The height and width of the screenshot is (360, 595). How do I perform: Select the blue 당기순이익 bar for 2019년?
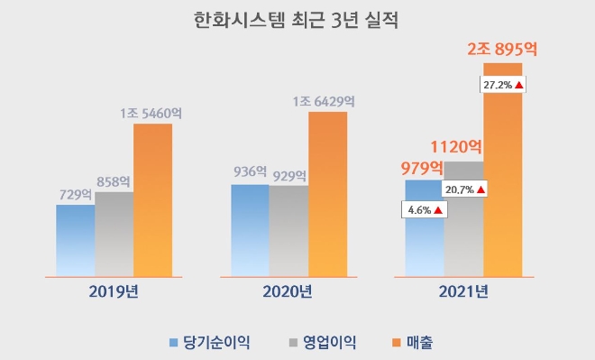(75, 240)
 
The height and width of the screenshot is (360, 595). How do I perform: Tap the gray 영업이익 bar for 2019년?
(114, 234)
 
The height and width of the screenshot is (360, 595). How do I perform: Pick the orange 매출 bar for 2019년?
(152, 198)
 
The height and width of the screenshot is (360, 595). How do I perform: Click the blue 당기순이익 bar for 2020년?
(250, 230)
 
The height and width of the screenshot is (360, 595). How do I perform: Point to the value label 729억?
(74, 194)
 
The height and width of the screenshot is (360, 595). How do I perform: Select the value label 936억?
(250, 171)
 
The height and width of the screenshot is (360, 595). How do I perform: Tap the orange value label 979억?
(422, 167)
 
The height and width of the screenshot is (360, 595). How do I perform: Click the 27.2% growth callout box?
(503, 84)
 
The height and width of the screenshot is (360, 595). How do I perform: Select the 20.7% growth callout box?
(465, 189)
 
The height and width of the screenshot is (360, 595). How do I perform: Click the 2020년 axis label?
(288, 291)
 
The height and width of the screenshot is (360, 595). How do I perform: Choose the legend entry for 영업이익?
(323, 341)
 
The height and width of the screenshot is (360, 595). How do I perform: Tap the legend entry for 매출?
(416, 341)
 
